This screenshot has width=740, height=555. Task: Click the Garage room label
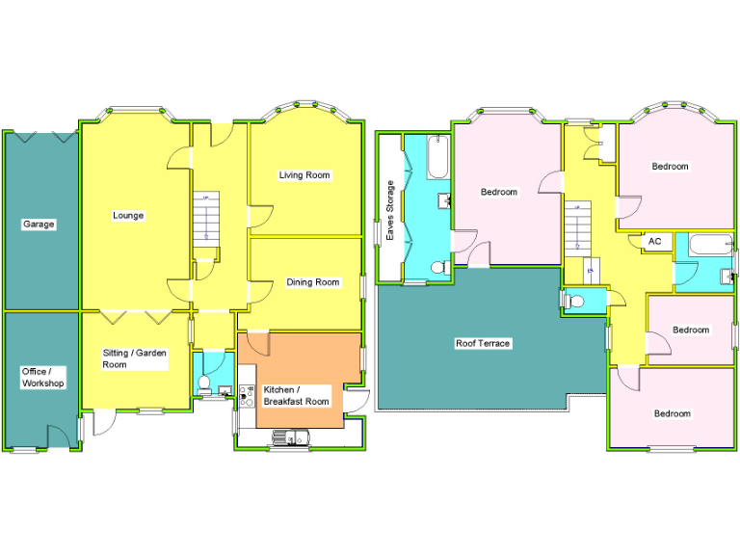pyautogui.click(x=39, y=225)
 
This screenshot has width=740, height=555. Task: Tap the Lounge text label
pyautogui.click(x=128, y=216)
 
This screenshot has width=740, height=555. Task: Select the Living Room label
pyautogui.click(x=304, y=175)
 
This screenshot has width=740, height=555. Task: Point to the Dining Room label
pyautogui.click(x=313, y=282)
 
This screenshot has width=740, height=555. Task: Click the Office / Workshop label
pyautogui.click(x=42, y=377)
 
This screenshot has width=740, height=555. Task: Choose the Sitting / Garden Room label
pyautogui.click(x=135, y=358)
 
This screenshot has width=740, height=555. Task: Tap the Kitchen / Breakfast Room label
pyautogui.click(x=296, y=395)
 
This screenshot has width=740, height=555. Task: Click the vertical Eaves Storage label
pyautogui.click(x=390, y=209)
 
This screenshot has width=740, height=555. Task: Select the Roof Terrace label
pyautogui.click(x=483, y=343)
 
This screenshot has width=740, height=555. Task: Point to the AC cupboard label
pyautogui.click(x=655, y=241)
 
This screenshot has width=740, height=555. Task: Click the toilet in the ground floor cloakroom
pyautogui.click(x=203, y=383)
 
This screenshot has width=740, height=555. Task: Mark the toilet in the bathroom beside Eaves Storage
pyautogui.click(x=437, y=268)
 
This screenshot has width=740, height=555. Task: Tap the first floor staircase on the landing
pyautogui.click(x=576, y=231)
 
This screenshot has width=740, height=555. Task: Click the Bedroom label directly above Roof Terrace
pyautogui.click(x=499, y=192)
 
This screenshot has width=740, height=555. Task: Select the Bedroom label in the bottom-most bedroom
pyautogui.click(x=673, y=413)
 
